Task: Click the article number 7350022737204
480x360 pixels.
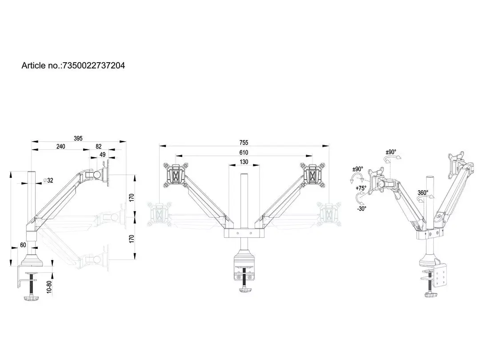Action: (94, 65)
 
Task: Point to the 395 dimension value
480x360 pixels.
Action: (78, 138)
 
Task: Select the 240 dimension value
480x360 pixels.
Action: (60, 146)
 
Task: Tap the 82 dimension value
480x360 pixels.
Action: (98, 146)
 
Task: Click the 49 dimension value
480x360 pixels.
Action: (102, 155)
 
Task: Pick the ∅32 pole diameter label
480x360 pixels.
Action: (48, 180)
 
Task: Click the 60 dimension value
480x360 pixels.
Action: (23, 245)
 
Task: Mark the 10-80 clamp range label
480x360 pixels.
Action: (50, 287)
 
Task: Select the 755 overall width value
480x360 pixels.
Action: (244, 143)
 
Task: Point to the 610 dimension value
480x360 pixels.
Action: (244, 152)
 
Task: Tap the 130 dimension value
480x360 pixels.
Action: (244, 162)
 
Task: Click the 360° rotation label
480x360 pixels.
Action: (423, 193)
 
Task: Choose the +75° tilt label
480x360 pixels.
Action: (361, 188)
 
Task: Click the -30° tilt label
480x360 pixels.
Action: (361, 208)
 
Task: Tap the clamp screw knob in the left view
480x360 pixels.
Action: (31, 298)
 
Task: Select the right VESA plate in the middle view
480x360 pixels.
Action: (312, 175)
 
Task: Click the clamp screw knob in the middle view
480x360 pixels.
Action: (244, 289)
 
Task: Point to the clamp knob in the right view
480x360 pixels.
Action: (431, 295)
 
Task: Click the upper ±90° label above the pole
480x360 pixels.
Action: (391, 152)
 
